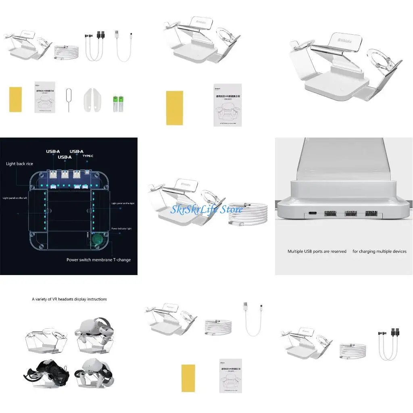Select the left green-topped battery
pos(115,104)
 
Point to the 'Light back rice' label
pos(19,164)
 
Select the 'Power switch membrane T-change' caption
pos(98,260)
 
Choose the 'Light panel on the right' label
pos(123,204)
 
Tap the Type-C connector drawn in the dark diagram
pos(88,173)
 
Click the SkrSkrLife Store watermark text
pos(206,209)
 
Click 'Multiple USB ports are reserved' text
pos(317,251)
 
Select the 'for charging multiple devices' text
pos(379,251)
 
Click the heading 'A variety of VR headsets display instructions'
pos(69,299)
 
